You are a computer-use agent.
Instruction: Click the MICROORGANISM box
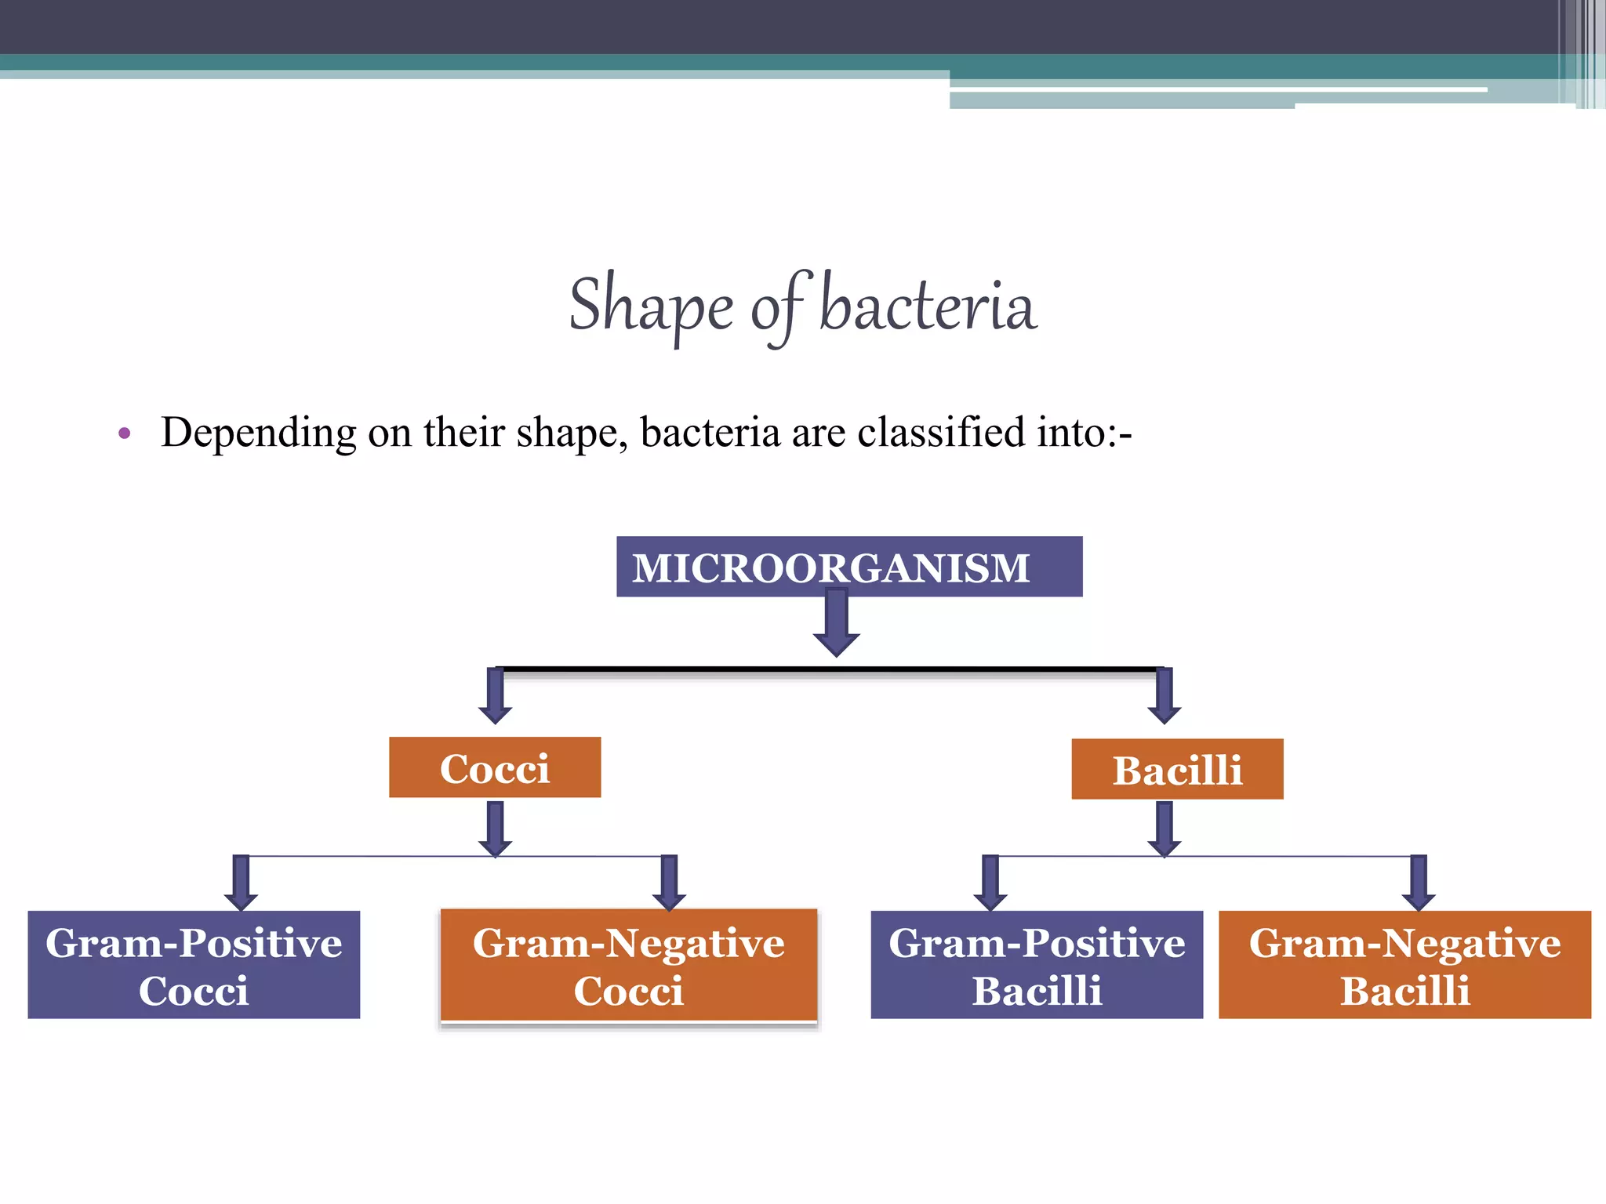pyautogui.click(x=848, y=567)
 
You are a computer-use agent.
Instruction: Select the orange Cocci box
pyautogui.click(x=495, y=767)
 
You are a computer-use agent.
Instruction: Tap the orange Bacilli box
pyautogui.click(x=1177, y=769)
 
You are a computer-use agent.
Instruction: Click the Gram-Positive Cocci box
pyautogui.click(x=194, y=965)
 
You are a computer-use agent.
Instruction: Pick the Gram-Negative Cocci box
pyautogui.click(x=629, y=965)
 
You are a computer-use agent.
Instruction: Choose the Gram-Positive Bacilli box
pyautogui.click(x=1037, y=965)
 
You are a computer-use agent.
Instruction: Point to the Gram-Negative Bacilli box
pyautogui.click(x=1404, y=965)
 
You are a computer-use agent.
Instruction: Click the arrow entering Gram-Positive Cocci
pyautogui.click(x=241, y=883)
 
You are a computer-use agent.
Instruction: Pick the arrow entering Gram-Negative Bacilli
pyautogui.click(x=1419, y=883)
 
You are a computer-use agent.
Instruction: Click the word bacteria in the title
pyautogui.click(x=928, y=306)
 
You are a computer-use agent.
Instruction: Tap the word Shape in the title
pyautogui.click(x=650, y=306)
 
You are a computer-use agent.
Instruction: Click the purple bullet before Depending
pyautogui.click(x=124, y=433)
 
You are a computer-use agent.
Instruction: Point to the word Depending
pyautogui.click(x=259, y=432)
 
